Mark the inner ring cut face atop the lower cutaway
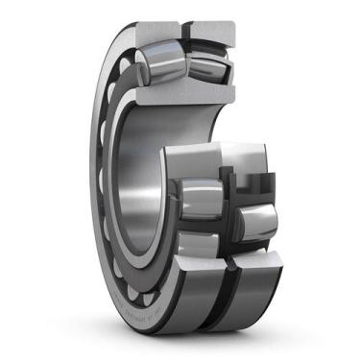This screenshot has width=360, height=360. coord(216,154)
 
